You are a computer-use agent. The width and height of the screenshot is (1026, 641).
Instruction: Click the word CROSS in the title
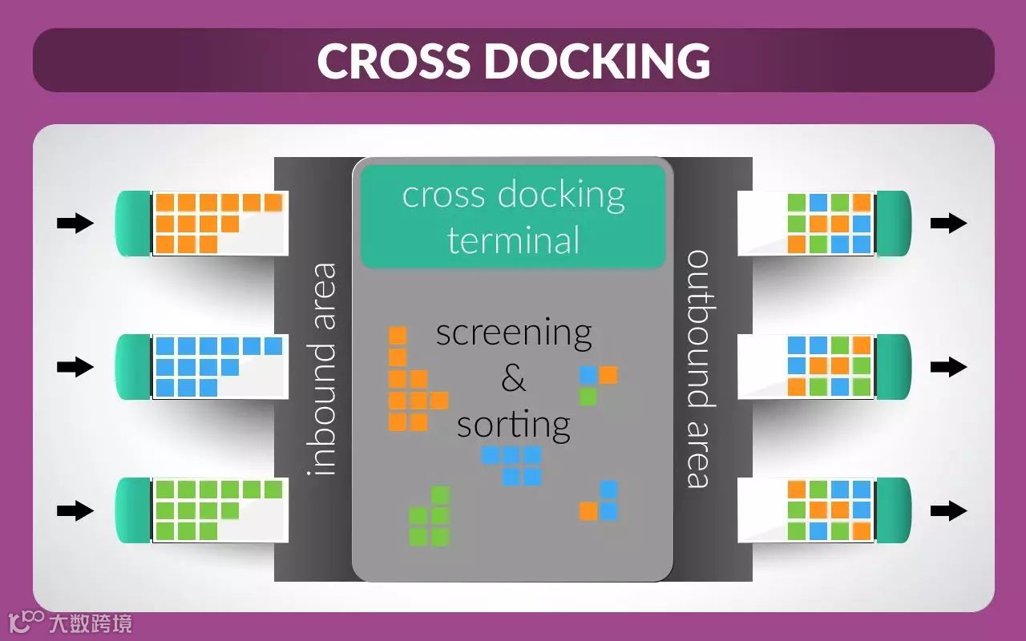(394, 60)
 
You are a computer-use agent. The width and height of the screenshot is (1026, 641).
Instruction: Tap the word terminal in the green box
(513, 240)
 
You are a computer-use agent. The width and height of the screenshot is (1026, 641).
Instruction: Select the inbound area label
(322, 369)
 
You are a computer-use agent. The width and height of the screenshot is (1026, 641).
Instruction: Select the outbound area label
(698, 369)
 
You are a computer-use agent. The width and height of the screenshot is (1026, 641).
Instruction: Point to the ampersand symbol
(513, 378)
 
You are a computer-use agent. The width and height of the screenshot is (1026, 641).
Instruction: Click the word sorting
(513, 424)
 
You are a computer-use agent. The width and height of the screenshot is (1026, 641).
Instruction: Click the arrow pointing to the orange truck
(75, 224)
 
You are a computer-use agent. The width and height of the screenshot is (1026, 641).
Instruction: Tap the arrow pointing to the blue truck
(75, 367)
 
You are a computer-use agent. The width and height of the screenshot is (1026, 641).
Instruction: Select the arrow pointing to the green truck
(75, 510)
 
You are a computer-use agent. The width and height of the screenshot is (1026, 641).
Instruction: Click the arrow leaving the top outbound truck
(948, 224)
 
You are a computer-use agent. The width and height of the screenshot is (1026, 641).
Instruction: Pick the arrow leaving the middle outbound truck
(948, 367)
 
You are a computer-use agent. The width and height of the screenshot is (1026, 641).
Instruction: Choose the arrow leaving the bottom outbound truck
(948, 510)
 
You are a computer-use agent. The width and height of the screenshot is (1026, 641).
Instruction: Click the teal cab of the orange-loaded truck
(133, 224)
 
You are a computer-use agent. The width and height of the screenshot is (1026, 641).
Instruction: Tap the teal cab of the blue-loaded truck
(133, 367)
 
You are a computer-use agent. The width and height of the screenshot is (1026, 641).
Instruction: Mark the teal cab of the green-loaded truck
(133, 510)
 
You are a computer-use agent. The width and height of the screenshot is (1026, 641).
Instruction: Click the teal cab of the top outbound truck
(894, 224)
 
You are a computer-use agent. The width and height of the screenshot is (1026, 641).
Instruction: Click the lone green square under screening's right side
(588, 396)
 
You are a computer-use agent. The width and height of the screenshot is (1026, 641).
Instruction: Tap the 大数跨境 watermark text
(90, 623)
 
